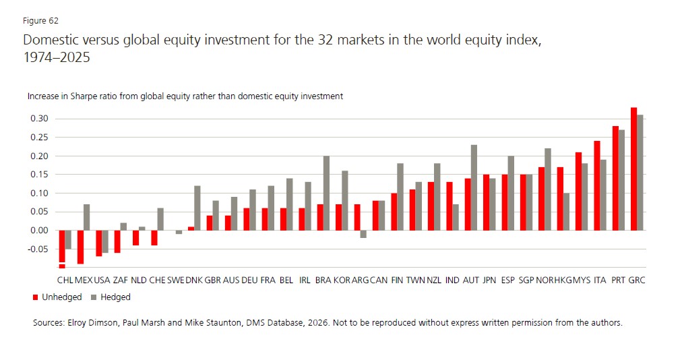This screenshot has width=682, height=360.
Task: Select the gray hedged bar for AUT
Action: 474,187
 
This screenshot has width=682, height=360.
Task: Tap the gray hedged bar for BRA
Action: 327,193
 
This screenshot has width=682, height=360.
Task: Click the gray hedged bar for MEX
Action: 87,217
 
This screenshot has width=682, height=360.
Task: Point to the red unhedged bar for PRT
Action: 615,178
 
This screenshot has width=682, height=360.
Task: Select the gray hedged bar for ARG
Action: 363,234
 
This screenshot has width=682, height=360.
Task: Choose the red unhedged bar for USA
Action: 98,243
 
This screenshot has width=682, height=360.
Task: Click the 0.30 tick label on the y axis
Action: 39,119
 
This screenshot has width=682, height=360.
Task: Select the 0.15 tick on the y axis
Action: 39,175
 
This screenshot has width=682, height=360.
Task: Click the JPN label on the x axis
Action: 489,280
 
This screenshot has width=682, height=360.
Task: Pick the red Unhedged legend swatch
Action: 35,297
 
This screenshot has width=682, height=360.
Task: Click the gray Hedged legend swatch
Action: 94,297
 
